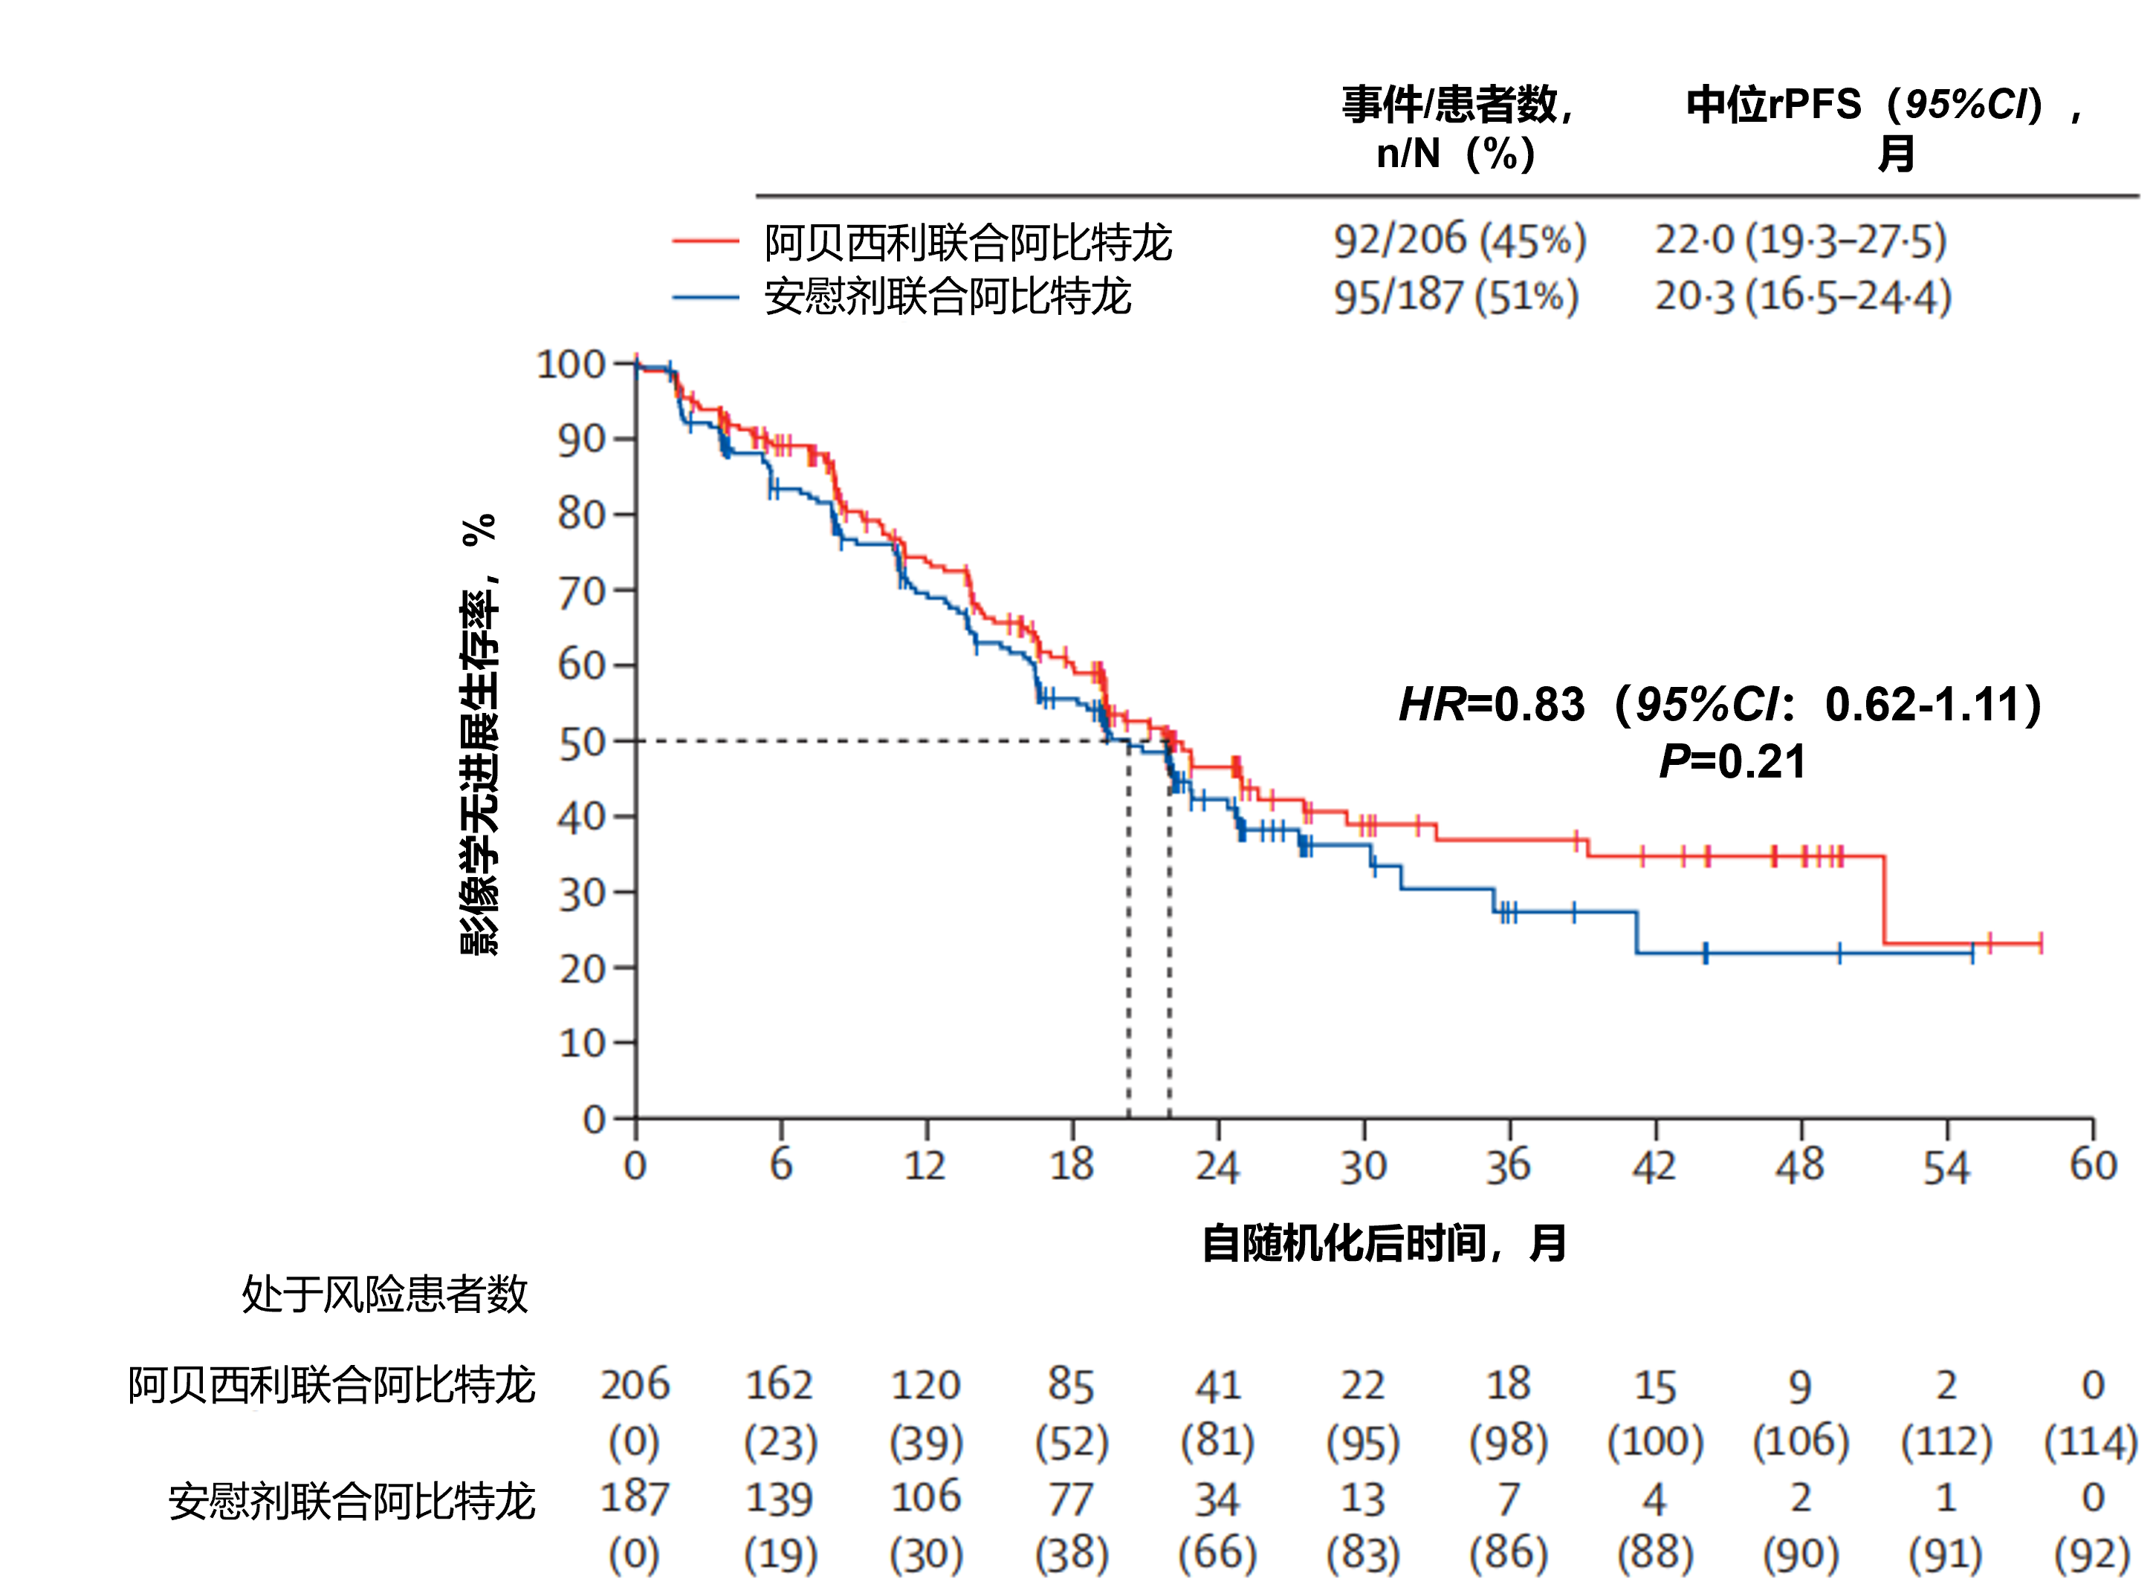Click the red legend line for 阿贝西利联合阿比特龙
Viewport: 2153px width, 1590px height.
pos(705,241)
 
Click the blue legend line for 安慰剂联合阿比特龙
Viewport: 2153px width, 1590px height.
pos(705,297)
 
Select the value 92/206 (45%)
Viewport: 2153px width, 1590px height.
pos(1459,240)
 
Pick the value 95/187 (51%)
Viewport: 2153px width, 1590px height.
pos(1455,296)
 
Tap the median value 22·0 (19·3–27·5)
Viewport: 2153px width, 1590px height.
pos(1800,240)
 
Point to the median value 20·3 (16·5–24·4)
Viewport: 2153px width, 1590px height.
pos(1801,296)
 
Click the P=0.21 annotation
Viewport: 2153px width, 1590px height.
pos(1732,761)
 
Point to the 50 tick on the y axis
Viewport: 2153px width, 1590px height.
pos(583,742)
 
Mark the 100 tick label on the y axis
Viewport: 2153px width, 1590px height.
pos(570,365)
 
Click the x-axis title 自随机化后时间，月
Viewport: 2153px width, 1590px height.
pos(1384,1243)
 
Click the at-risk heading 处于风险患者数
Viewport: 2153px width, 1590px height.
pos(384,1294)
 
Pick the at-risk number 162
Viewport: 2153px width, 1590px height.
pos(779,1386)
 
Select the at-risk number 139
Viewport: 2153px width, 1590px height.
pos(779,1499)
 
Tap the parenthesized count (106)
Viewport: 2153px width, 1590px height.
pos(1800,1441)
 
